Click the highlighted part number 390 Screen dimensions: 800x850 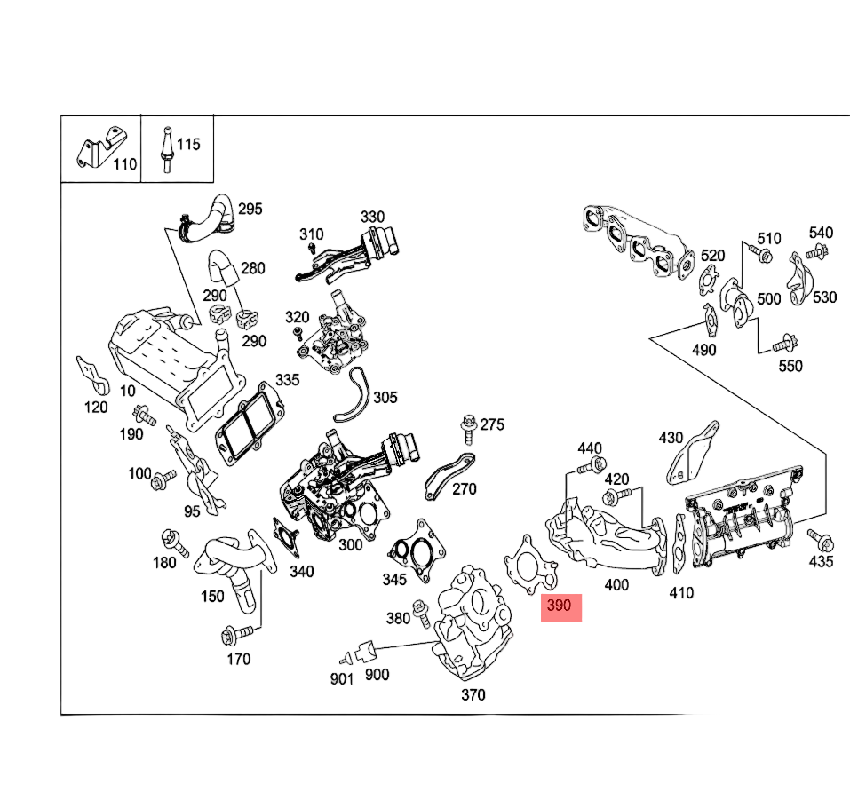tap(560, 607)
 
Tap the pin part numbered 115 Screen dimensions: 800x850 tap(164, 148)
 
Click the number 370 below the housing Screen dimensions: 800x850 tap(473, 694)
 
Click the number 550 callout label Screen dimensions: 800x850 tap(790, 366)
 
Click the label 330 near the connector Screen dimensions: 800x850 tap(372, 217)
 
